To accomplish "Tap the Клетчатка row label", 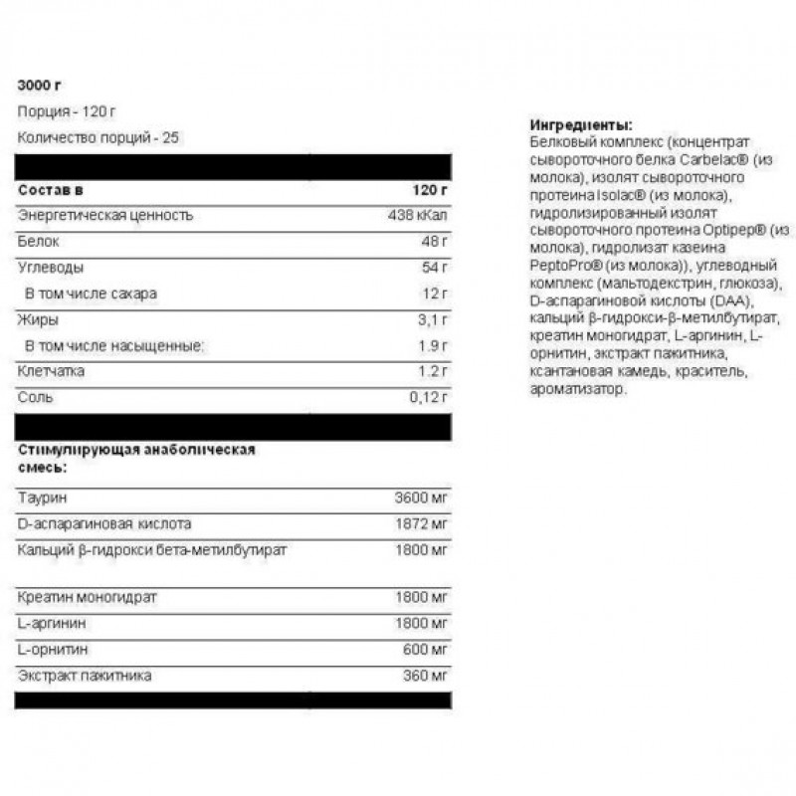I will (x=51, y=371).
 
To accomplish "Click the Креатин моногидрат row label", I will (x=88, y=598).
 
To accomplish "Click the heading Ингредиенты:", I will (x=581, y=126).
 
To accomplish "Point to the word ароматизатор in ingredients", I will (x=580, y=390).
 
